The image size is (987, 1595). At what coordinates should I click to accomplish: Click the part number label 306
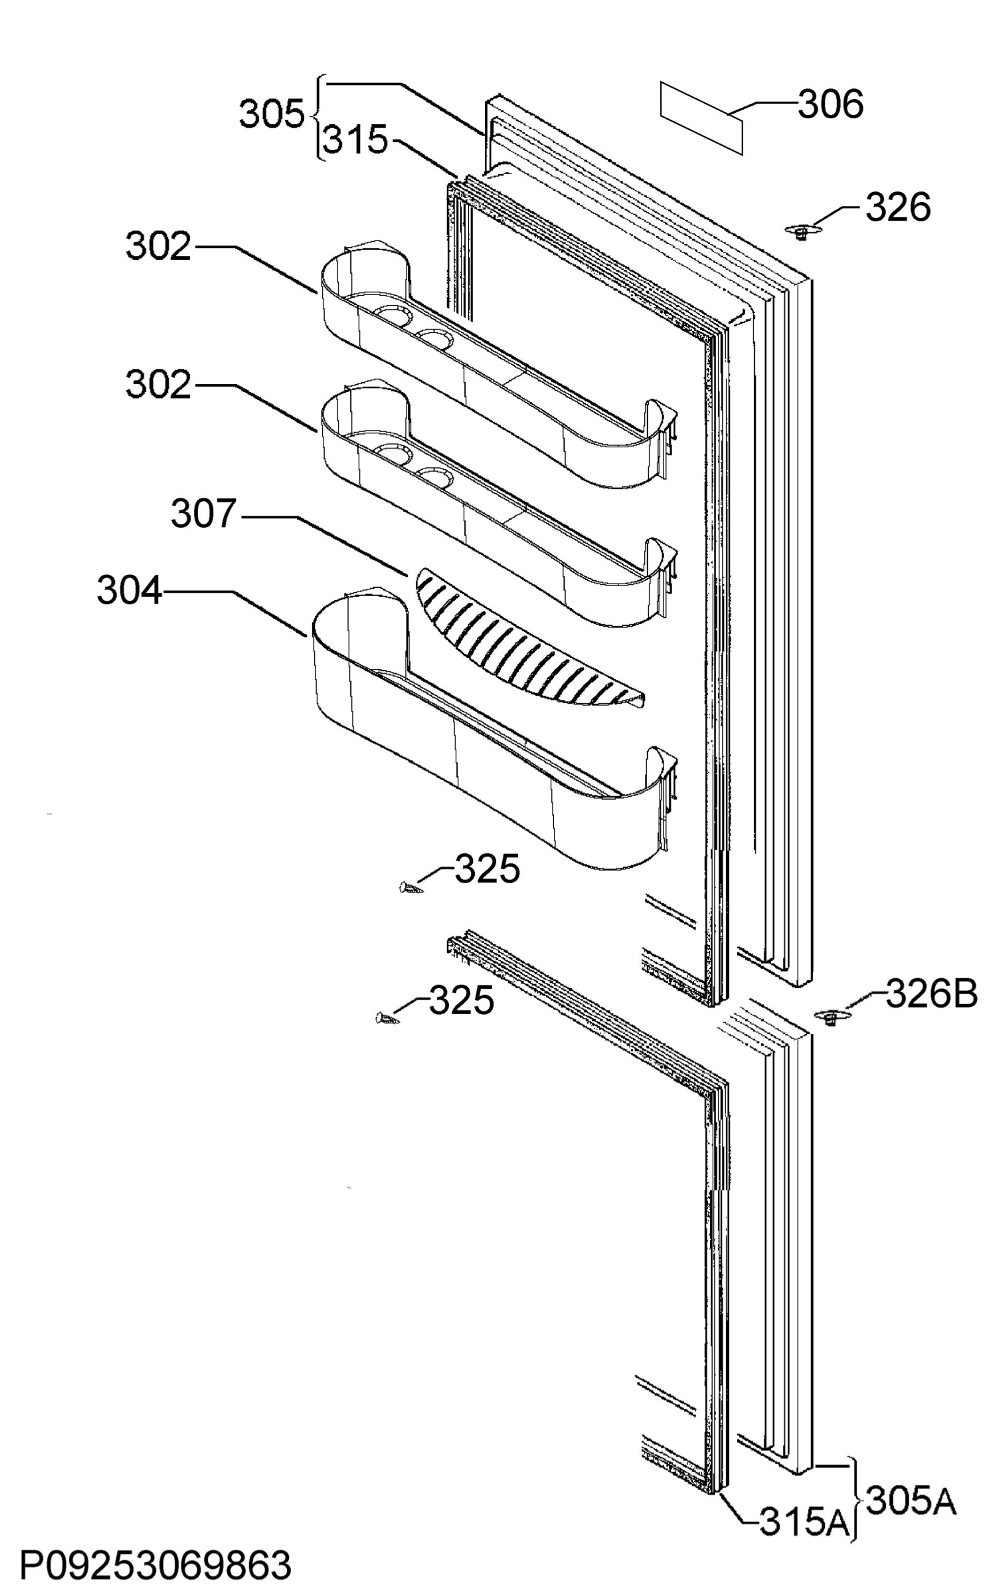click(830, 105)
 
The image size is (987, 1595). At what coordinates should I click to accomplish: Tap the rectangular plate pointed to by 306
click(701, 118)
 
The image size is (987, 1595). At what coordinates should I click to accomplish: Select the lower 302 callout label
click(159, 385)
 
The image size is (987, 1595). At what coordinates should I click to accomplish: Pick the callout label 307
click(204, 514)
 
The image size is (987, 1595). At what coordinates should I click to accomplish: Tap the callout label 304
click(130, 590)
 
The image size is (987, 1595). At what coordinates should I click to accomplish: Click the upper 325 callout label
click(487, 869)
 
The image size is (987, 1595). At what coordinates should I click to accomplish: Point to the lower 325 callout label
click(462, 1000)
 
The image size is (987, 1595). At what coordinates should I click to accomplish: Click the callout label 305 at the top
click(272, 114)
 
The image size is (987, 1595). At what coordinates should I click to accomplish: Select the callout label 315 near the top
click(355, 140)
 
